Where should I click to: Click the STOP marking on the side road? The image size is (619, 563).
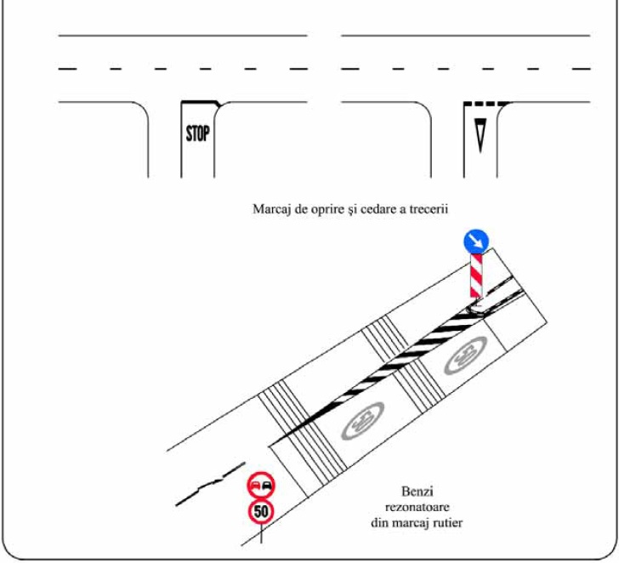click(197, 134)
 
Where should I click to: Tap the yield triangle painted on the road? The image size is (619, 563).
click(480, 135)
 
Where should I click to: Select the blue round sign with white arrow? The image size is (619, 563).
click(476, 242)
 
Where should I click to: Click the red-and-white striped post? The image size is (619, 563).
click(476, 276)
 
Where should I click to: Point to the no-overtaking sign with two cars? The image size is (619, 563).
click(261, 486)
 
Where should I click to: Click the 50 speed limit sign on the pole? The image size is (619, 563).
click(261, 512)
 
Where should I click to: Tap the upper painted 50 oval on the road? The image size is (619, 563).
click(465, 355)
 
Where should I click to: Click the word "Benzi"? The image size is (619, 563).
click(417, 492)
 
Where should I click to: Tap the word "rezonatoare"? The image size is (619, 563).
click(417, 507)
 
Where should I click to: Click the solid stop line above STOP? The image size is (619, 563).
click(201, 103)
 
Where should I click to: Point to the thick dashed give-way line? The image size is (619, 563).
click(486, 104)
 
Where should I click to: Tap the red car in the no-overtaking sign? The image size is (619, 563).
click(255, 486)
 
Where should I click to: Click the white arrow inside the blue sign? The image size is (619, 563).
click(476, 242)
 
